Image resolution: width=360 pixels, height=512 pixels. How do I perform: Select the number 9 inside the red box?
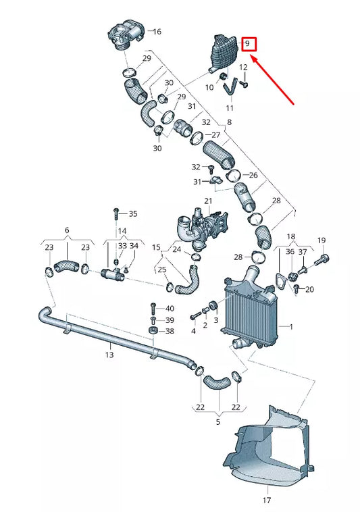coord(248,45)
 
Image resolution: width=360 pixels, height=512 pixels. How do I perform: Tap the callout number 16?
coord(157,32)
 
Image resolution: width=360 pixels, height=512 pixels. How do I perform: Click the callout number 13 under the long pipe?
coord(109,354)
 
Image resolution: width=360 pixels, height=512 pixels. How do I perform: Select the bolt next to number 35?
coord(116,213)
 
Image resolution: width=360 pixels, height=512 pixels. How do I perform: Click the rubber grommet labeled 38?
coord(153,331)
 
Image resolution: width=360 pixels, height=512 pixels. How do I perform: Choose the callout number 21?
coord(208,201)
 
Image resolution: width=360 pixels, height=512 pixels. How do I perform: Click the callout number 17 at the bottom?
coord(267,501)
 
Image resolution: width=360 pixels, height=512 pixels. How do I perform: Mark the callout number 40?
coord(170,308)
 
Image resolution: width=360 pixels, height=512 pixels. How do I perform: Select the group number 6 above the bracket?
coord(67,230)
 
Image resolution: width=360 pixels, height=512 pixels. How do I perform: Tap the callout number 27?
coord(216,135)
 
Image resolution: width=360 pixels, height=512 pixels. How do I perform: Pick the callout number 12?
coord(243,68)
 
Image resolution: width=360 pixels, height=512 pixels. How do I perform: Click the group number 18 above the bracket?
coord(291,237)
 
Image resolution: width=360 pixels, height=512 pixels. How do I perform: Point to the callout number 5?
coord(218,422)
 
